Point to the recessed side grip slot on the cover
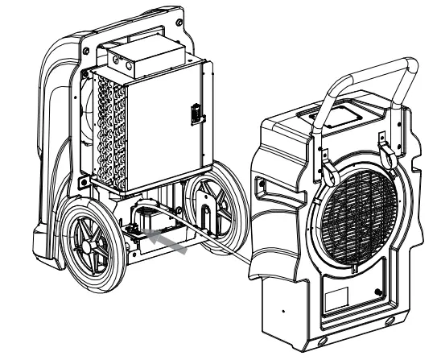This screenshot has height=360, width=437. tap(261, 188)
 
